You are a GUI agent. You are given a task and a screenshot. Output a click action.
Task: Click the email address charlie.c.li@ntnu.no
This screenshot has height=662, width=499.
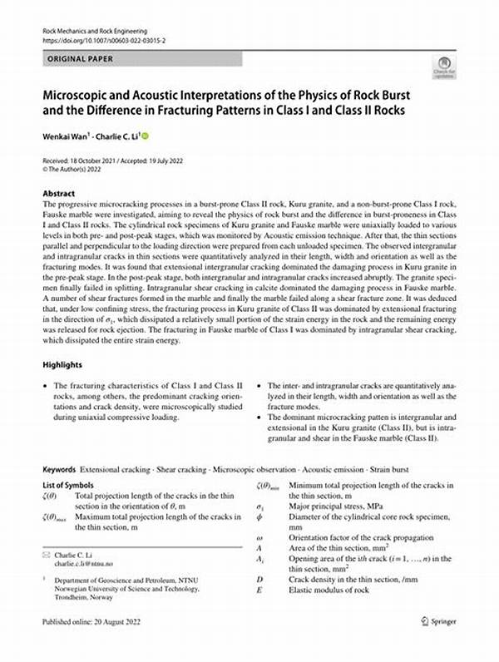coord(86,563)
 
